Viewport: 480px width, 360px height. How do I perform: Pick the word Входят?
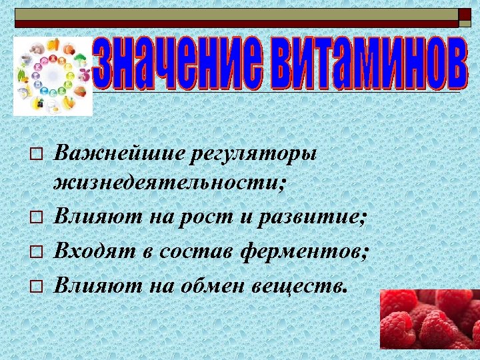[x=93, y=252]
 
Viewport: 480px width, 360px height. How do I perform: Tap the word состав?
[x=194, y=252]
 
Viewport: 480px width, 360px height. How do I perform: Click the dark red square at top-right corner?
[x=464, y=15]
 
